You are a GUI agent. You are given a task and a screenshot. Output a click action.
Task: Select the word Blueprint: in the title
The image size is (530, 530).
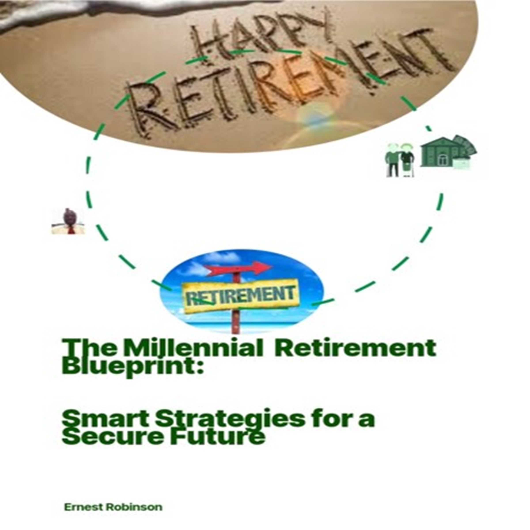click(x=133, y=367)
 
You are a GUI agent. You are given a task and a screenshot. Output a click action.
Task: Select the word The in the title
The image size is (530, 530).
click(x=92, y=348)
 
